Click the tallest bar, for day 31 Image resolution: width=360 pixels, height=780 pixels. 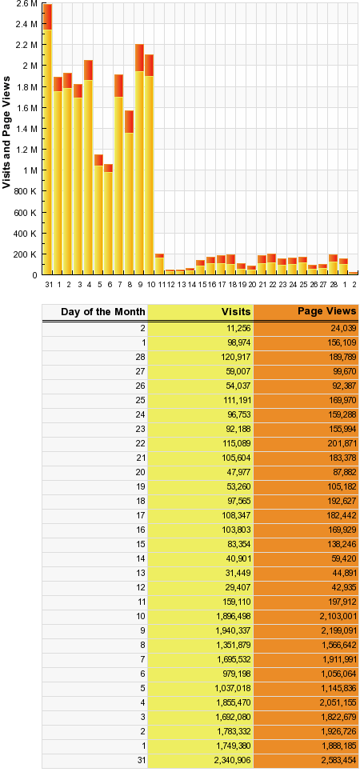[x=48, y=140]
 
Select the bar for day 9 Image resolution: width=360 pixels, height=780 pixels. [x=139, y=160]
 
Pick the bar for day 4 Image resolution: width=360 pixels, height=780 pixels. [x=88, y=168]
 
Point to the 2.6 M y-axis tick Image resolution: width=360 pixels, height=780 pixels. [x=28, y=4]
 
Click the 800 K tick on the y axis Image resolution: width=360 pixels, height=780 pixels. [x=28, y=192]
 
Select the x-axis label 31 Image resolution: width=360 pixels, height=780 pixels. [x=48, y=284]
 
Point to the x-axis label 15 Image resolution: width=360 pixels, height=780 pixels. [x=201, y=284]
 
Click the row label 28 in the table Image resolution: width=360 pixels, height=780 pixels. [x=140, y=356]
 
